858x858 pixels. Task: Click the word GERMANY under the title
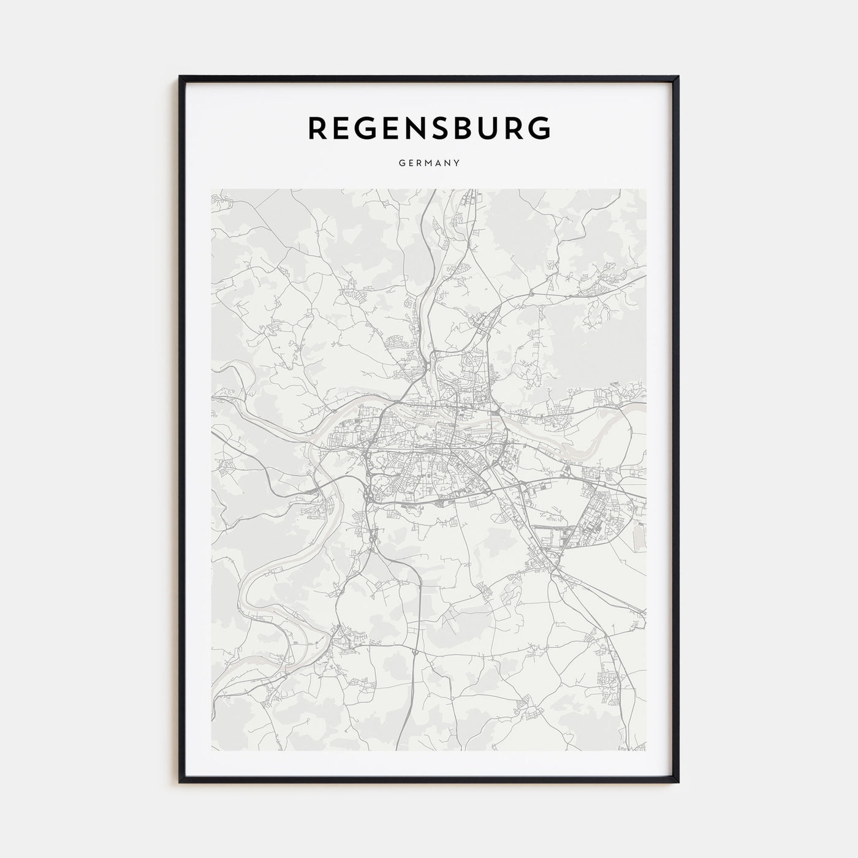tap(429, 164)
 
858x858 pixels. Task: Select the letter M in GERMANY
tap(430, 164)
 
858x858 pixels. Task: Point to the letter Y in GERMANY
tap(457, 164)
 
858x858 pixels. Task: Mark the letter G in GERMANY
tap(401, 164)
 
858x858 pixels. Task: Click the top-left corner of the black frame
tap(180, 77)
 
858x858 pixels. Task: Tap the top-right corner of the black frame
tap(678, 77)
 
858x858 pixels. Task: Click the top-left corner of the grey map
tap(211, 189)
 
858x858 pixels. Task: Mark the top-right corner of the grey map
tap(646, 189)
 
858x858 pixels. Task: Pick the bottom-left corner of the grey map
tap(211, 751)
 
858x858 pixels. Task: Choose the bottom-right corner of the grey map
tap(646, 751)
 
